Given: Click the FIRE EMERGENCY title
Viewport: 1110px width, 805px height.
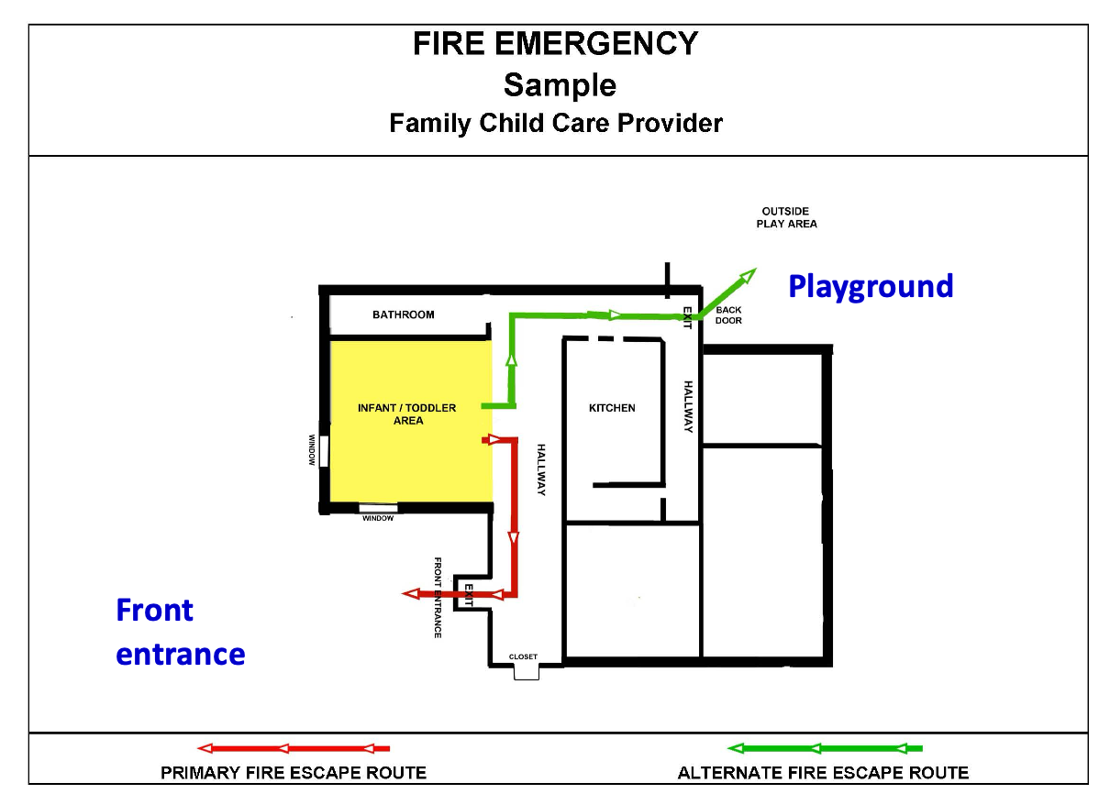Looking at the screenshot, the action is pos(556,44).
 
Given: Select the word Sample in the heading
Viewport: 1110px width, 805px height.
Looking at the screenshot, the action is pos(560,85).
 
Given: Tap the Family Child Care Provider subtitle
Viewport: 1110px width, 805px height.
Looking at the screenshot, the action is pos(556,124).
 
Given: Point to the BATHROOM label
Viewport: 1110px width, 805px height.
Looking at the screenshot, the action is pos(404,314).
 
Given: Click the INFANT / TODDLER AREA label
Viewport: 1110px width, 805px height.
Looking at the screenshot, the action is pos(406,414).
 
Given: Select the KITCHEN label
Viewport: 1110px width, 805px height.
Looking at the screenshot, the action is pos(612,408).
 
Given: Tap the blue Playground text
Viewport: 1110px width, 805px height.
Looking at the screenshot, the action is pos(871,287).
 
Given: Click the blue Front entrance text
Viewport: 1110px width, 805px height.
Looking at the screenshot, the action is pos(181,632).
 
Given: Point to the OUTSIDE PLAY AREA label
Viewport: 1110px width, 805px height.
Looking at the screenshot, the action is pos(786,217).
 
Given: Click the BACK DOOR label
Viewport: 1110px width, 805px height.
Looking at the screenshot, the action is pos(728,315).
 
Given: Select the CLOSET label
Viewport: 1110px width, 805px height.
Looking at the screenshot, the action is pos(523,656).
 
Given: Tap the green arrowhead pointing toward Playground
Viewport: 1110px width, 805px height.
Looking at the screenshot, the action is pos(748,275).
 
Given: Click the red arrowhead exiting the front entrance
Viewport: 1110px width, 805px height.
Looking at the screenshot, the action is pos(411,593).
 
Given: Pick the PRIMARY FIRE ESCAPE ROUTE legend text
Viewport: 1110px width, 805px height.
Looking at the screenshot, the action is pos(294,773).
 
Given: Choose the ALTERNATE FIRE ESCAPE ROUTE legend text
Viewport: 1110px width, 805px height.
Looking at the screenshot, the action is pos(823,773).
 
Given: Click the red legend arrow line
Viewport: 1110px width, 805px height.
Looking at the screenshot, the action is pos(294,748).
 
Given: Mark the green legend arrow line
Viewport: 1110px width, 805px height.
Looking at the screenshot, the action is pos(825,748).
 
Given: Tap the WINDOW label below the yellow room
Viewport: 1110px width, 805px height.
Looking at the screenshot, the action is pos(378,518).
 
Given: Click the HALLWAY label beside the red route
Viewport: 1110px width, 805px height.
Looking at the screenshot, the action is pos(541,470).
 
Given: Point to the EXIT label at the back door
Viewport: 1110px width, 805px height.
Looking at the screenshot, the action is pos(687,317).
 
